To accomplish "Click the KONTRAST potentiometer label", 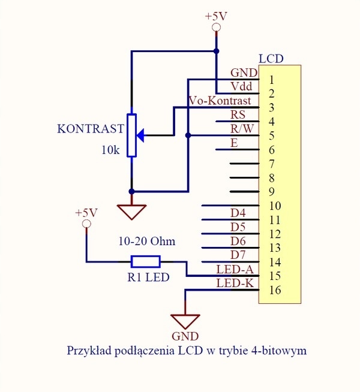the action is (91, 129).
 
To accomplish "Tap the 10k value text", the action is (110, 150).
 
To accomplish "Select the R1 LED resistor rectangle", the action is (146, 262).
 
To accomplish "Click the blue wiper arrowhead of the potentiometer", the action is (140, 135).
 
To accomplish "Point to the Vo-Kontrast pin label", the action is (220, 101).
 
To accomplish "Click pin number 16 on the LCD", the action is (275, 290).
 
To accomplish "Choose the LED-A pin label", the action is (235, 270).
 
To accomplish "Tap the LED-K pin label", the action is (235, 284).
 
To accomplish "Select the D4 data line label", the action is (238, 213).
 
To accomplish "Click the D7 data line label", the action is (238, 255).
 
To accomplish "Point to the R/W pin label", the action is (242, 129).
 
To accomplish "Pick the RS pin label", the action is (238, 114).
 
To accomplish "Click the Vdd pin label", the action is (241, 86).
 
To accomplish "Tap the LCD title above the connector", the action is (271, 59).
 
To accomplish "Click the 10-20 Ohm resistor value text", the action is (147, 241).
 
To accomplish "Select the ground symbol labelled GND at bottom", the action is (185, 321).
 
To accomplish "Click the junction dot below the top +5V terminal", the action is (217, 52).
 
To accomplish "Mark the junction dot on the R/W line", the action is (188, 135).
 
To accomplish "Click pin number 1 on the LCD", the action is (272, 80).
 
